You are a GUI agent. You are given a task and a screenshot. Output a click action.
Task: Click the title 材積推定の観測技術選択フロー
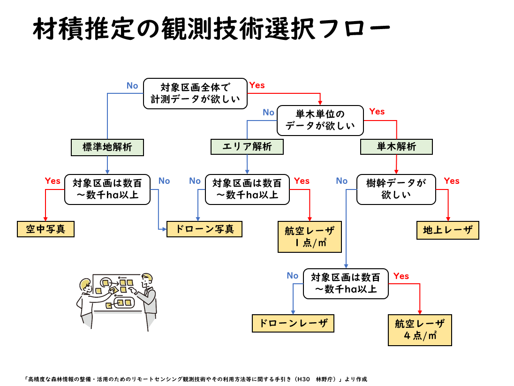coord(211,29)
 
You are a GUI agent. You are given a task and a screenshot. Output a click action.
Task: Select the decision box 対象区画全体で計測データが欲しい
coord(195,93)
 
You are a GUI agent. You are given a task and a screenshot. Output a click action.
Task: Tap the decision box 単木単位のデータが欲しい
coord(320,120)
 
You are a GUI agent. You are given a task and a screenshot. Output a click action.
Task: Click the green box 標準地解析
coord(107,147)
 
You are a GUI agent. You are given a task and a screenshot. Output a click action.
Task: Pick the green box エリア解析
coord(247,147)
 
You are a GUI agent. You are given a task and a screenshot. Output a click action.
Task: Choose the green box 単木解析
coord(396,147)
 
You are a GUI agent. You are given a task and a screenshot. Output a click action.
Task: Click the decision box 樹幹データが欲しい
coord(396,189)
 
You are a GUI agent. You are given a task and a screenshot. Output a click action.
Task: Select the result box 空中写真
coord(45,229)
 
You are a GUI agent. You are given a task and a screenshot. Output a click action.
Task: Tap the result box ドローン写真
coord(204,229)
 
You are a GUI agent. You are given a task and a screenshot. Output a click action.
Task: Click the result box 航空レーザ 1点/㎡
coord(310,237)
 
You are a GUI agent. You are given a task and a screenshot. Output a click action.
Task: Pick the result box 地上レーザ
coord(448,230)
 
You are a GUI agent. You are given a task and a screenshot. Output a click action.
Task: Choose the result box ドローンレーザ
coord(293,323)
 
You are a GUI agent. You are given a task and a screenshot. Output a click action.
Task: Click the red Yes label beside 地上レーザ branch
coord(452,181)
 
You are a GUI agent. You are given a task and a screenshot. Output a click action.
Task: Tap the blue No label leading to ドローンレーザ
coord(293,276)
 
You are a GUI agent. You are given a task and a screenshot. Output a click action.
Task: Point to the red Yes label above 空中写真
coord(53,181)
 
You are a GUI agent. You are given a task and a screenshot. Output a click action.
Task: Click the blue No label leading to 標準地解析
coord(132,86)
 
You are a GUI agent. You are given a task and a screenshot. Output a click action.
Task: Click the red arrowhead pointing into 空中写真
coord(45,219)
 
